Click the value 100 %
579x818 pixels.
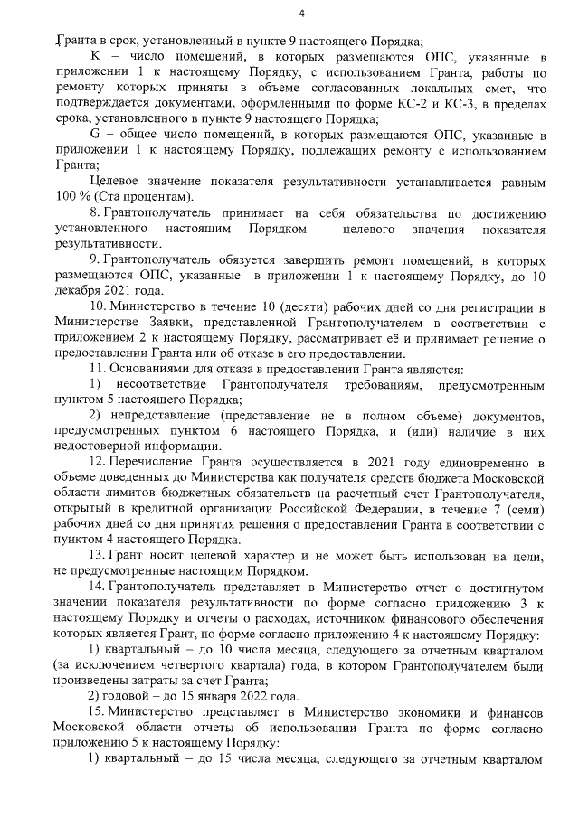(72, 197)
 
